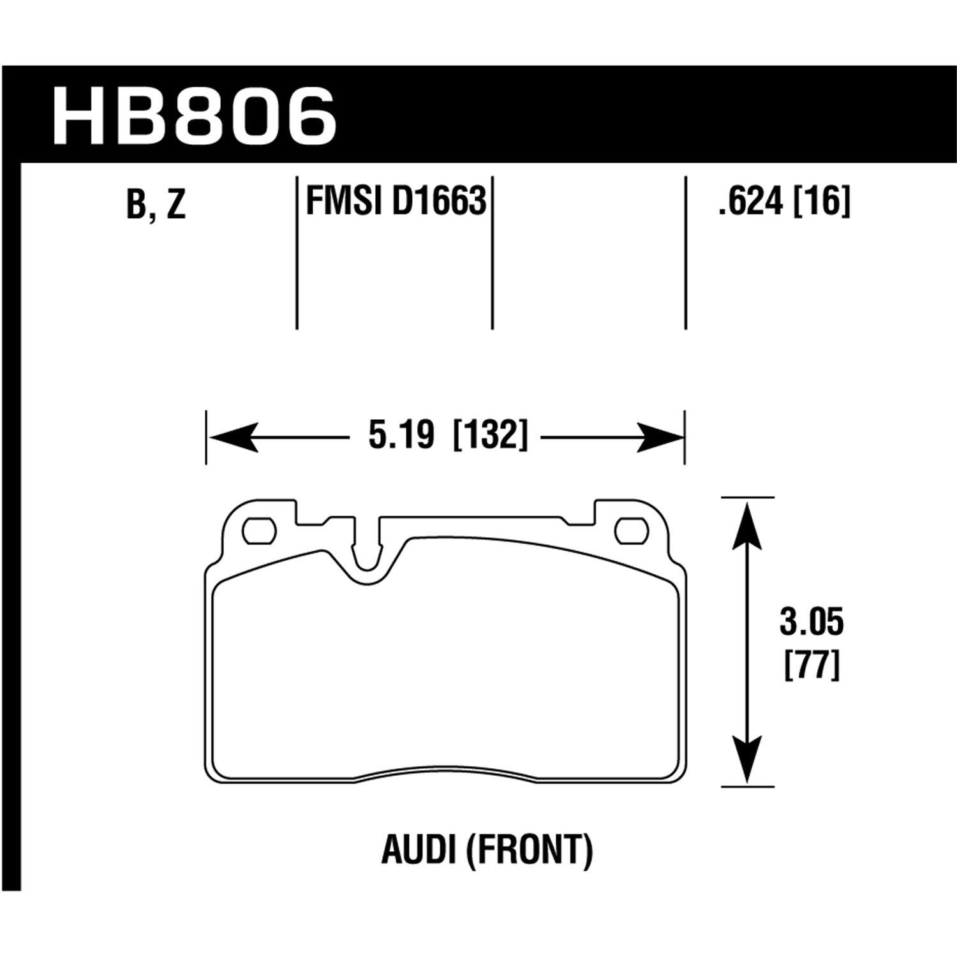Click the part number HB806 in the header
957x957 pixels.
point(194,117)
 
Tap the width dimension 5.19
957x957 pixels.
point(401,436)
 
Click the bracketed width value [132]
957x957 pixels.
point(490,436)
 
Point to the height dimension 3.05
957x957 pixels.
point(811,623)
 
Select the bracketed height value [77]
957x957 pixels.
point(811,665)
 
